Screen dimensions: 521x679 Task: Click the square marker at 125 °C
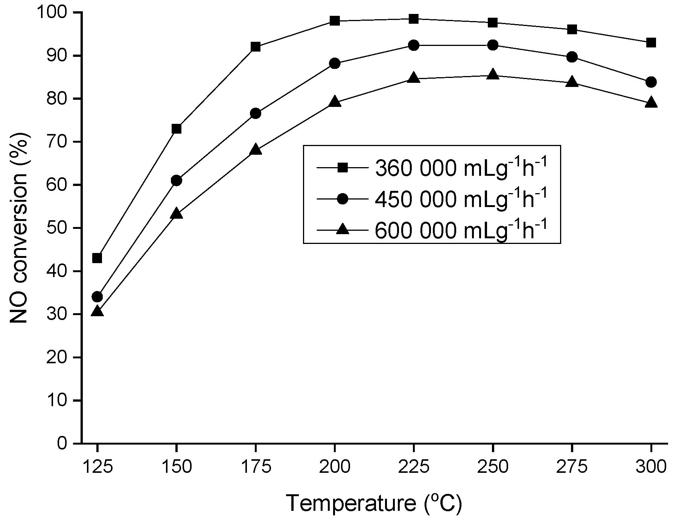[97, 258]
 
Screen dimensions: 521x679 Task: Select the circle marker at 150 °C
[176, 181]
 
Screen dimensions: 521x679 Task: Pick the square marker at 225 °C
[414, 19]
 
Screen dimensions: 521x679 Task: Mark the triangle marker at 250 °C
[493, 75]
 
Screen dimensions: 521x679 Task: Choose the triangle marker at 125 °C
[97, 311]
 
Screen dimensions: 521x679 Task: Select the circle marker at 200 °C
[335, 63]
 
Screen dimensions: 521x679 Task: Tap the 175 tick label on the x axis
[256, 467]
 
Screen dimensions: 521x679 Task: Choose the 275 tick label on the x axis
[572, 467]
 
